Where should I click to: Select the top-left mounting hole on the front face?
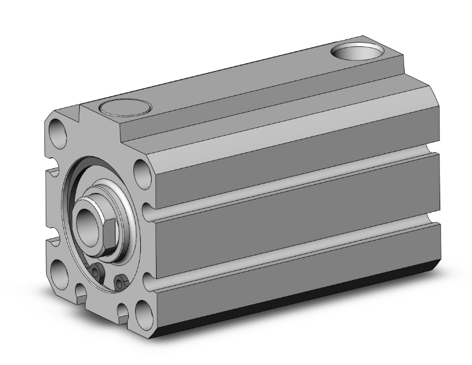click(x=58, y=134)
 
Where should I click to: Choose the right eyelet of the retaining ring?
click(x=119, y=280)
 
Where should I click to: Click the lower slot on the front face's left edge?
click(x=52, y=239)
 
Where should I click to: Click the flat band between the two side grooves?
click(x=285, y=219)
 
